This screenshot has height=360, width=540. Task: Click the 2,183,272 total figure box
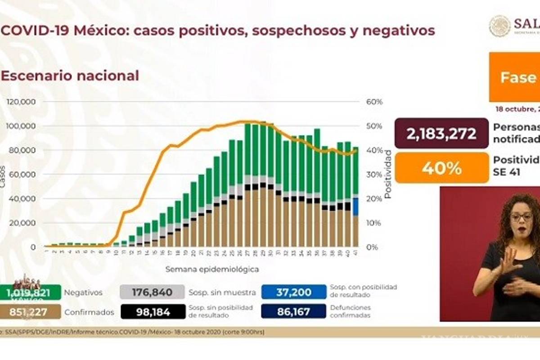point(441,133)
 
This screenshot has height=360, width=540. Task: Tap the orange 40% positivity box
point(441,168)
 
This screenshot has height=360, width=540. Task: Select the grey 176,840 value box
point(153,292)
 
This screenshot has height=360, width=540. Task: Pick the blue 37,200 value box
point(293,292)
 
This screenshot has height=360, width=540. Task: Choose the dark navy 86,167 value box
point(293,311)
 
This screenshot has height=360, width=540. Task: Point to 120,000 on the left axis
point(22,102)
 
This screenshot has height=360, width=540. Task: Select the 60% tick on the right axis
point(374,102)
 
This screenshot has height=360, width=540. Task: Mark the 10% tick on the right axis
point(373,223)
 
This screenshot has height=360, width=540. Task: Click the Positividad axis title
point(387,175)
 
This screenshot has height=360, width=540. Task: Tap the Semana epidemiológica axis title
point(212,270)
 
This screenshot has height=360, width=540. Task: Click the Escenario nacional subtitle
point(70,76)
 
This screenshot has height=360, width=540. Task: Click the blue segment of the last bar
point(355,207)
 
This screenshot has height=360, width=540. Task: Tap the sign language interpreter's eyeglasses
point(521,217)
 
